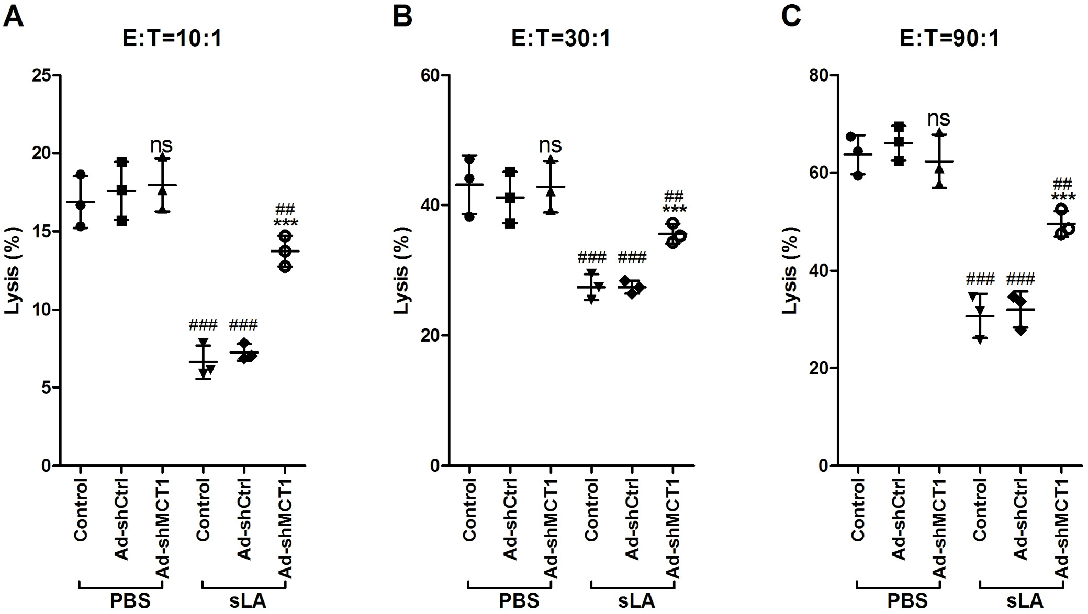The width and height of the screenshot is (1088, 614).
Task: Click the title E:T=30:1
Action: pyautogui.click(x=560, y=38)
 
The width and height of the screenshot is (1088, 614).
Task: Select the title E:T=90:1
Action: pyautogui.click(x=949, y=38)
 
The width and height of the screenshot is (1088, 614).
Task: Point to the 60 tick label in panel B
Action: pyautogui.click(x=430, y=76)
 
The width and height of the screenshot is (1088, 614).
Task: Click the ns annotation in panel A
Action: pyautogui.click(x=161, y=145)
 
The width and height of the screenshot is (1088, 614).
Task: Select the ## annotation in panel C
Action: pyautogui.click(x=1062, y=184)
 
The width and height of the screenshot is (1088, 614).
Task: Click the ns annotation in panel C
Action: pyautogui.click(x=938, y=118)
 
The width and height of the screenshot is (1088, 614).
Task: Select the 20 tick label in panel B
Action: pyautogui.click(x=430, y=336)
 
